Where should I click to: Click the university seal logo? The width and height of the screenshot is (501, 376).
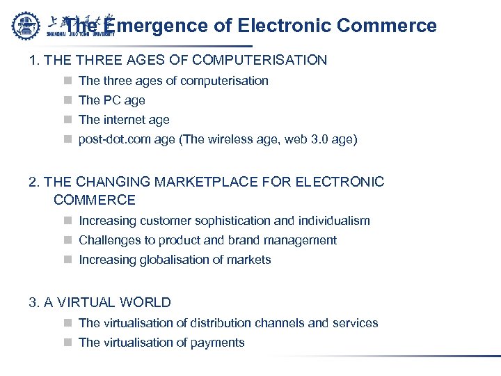point(27,25)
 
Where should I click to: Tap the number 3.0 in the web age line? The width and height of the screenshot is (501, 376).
point(321,139)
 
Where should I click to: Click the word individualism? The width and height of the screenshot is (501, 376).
point(334,221)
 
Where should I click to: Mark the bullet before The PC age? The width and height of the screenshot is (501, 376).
point(67,100)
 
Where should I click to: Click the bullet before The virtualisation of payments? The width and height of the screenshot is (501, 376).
point(67,343)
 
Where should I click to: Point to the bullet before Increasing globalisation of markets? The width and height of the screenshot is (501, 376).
point(67,260)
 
